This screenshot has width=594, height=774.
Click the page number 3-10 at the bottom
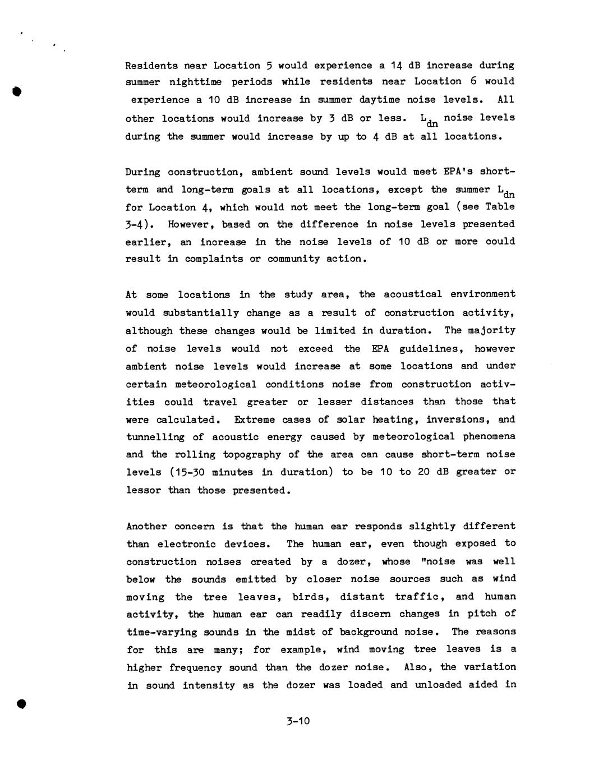point(297,721)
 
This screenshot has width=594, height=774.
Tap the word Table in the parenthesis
point(500,206)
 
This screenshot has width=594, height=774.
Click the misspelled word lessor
point(144,490)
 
